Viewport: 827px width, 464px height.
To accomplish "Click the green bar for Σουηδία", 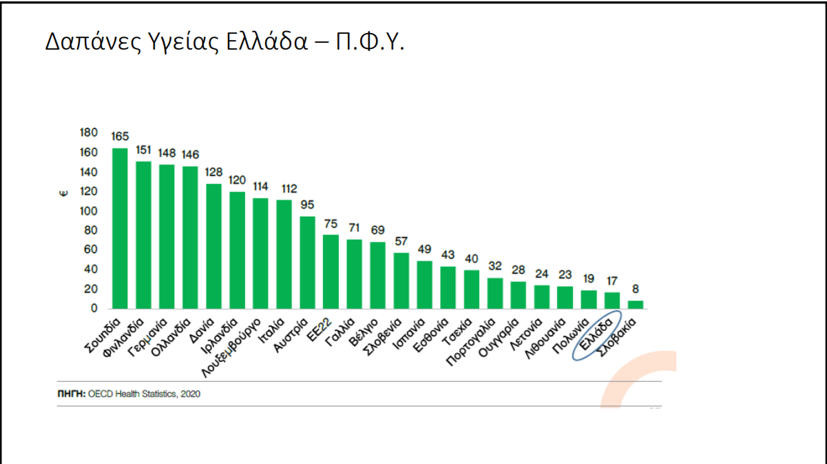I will pos(120,228).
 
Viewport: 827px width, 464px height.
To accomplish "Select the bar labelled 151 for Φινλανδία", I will pos(143,235).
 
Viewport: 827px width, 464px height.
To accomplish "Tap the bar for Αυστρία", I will pos(307,263).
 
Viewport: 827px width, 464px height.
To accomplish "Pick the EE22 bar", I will pos(331,272).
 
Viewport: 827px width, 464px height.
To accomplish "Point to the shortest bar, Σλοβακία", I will pos(636,305).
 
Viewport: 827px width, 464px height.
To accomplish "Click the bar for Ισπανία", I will pos(424,285).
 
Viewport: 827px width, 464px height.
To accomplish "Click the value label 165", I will pos(120,137).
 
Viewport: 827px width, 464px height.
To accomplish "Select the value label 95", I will pos(307,205).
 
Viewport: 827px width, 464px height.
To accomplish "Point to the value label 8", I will pos(636,290).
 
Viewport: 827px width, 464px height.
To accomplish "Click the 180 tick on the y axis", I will pos(89,132).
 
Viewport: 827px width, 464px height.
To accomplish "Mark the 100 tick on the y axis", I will pos(89,211).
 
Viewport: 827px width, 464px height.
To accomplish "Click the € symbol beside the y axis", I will pos(63,194).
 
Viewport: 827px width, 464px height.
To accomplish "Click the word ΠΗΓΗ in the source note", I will pos(71,394).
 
